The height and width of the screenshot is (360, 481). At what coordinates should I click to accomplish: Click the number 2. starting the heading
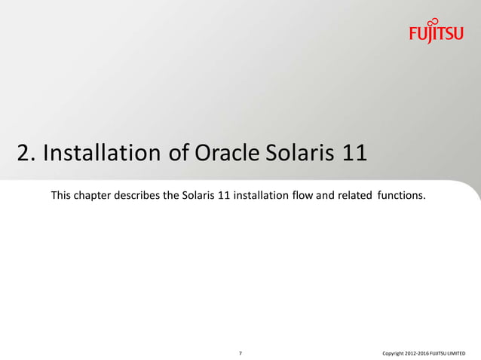26,154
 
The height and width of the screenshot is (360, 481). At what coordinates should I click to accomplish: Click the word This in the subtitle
63,197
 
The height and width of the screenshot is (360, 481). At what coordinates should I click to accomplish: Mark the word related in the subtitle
351,197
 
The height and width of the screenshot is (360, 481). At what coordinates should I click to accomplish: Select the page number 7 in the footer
240,352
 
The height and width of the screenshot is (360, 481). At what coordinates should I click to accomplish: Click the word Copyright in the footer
395,352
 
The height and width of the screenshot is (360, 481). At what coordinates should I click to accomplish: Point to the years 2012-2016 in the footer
420,352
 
